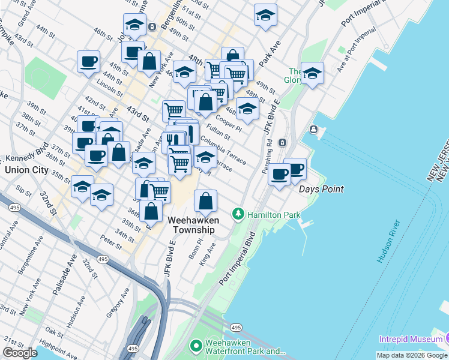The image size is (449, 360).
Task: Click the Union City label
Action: click(x=26, y=170)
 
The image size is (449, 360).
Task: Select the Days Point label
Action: click(x=321, y=189)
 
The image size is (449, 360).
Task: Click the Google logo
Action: click(x=20, y=353)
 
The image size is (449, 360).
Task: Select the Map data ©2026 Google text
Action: click(x=412, y=355)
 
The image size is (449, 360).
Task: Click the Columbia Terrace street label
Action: click(x=223, y=150)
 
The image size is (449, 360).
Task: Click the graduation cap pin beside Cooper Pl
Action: click(x=247, y=107)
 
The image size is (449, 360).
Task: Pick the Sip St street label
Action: click(x=23, y=191)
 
